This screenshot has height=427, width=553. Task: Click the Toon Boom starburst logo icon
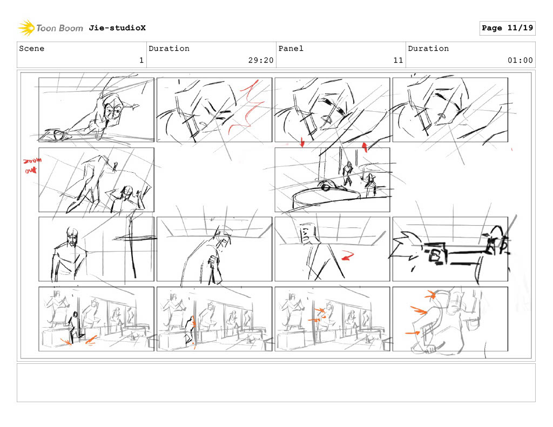tap(26, 28)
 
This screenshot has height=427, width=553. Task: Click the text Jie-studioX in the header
tap(117, 28)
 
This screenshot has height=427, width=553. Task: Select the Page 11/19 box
tap(507, 28)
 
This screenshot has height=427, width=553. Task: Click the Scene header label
tap(32, 48)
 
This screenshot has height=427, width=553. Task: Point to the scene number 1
tap(141, 60)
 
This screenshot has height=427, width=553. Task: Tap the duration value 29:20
tap(261, 60)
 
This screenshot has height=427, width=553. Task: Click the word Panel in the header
tap(291, 48)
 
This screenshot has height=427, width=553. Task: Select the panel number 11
tap(398, 60)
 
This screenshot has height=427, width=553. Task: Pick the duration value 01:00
tap(520, 60)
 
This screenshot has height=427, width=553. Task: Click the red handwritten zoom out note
tap(32, 165)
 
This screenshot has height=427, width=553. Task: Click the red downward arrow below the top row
tap(302, 143)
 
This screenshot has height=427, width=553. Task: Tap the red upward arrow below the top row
tap(365, 147)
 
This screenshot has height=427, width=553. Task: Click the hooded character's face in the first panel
tap(113, 112)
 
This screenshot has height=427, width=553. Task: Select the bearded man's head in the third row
tap(72, 238)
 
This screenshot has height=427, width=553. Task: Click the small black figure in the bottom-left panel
tap(74, 327)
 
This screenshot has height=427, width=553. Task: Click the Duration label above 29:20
tap(169, 48)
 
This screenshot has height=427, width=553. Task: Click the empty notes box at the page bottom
tap(276, 383)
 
